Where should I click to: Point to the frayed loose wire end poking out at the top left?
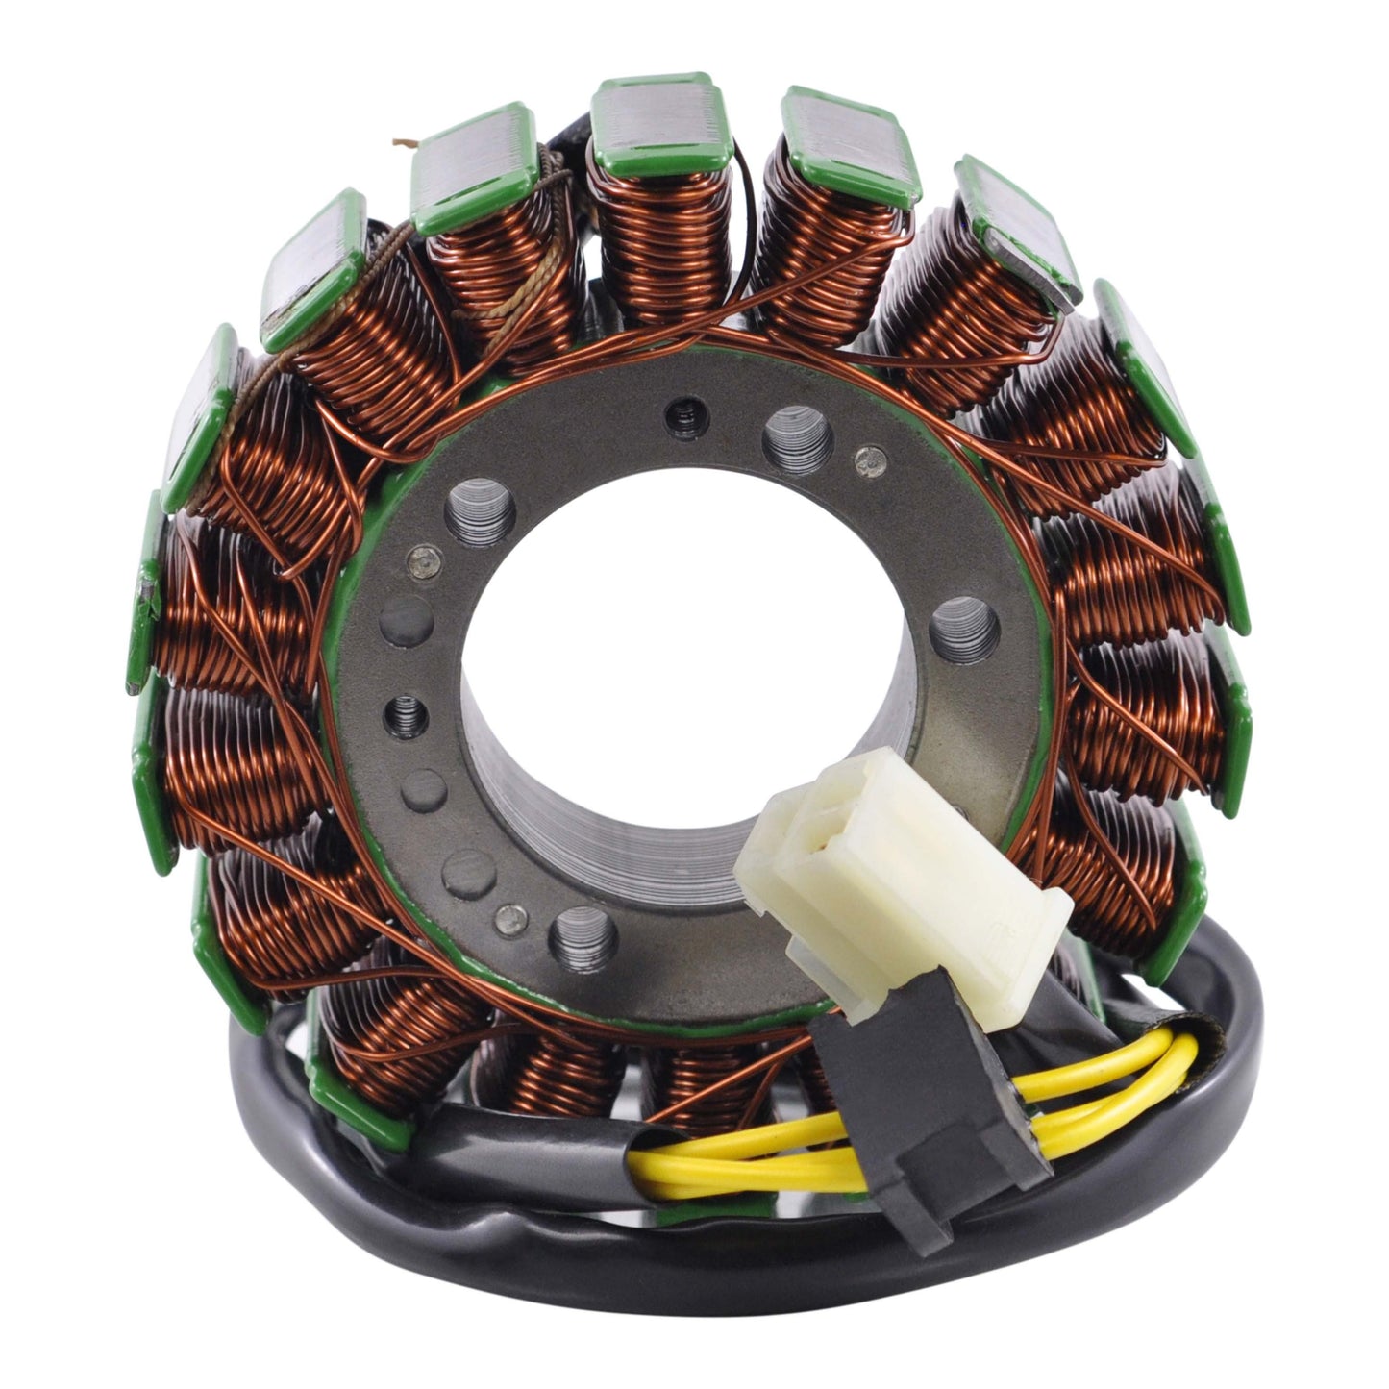click(402, 145)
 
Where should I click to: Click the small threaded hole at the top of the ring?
click(683, 413)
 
